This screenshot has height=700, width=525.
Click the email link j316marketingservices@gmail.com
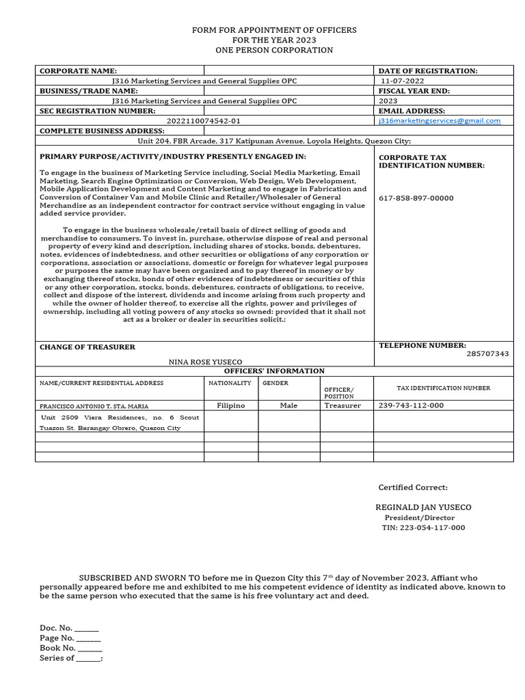click(440, 120)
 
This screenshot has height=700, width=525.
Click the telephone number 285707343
click(487, 353)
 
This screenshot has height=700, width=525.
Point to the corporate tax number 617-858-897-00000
click(416, 198)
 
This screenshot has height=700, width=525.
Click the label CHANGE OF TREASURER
click(87, 347)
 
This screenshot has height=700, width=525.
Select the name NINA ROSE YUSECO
click(205, 362)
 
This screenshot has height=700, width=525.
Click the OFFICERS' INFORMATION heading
click(274, 371)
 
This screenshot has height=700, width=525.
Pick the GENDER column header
click(275, 383)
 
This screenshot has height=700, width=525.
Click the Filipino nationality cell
click(230, 405)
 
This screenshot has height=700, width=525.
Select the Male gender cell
click(288, 405)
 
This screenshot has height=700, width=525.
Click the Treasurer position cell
click(342, 405)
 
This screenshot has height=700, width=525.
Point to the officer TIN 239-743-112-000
click(411, 405)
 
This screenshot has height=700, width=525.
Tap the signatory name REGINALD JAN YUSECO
click(423, 507)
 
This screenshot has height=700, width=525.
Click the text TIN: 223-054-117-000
click(423, 528)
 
